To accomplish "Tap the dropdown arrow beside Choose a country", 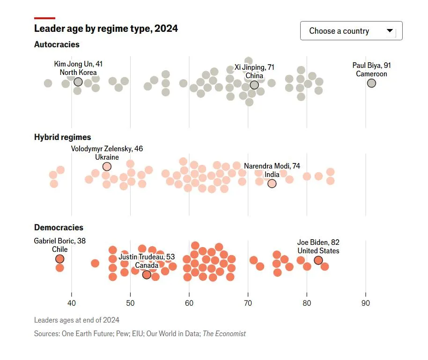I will [x=390, y=31].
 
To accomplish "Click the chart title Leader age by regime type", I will [x=106, y=28].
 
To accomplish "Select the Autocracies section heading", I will [x=57, y=44].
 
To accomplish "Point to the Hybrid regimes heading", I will [x=62, y=137].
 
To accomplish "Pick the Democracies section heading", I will [x=59, y=228].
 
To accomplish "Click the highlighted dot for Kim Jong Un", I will [x=78, y=82].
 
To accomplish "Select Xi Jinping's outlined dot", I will [x=254, y=85].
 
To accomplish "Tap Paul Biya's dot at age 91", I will [x=371, y=83].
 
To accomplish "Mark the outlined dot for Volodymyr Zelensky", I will [x=107, y=167].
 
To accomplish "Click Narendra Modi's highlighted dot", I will [x=272, y=184].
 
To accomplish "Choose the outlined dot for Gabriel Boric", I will [x=59, y=259].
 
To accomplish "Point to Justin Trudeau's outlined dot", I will [x=147, y=275].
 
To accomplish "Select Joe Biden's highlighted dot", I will [x=318, y=260].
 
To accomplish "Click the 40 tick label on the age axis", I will [x=71, y=303].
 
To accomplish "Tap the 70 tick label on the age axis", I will [x=248, y=303].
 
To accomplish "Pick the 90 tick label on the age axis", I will [x=366, y=303].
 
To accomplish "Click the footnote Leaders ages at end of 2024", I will [x=76, y=320].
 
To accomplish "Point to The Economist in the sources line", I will [x=224, y=334].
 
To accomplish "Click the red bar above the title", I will [x=45, y=18].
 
